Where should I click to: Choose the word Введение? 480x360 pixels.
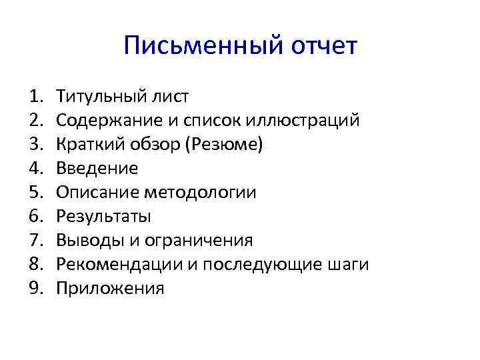pos(97,169)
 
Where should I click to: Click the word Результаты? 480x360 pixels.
pos(103,217)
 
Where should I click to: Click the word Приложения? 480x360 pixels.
pos(110,288)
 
